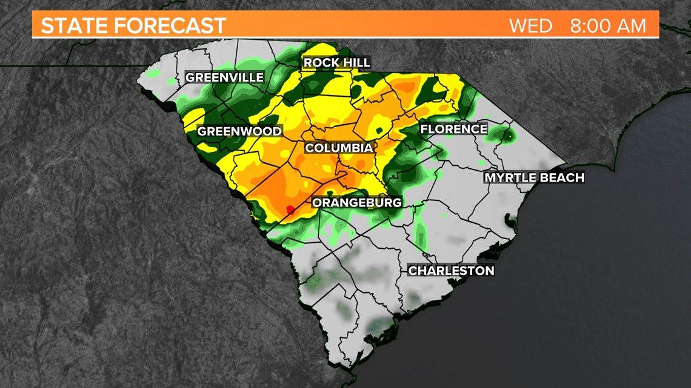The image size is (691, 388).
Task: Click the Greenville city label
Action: point(224,77)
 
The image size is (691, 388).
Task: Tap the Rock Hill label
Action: point(336,63)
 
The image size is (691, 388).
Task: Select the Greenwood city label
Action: point(239,131)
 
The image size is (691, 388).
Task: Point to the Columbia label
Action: point(338,148)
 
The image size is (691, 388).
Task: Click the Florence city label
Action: point(453,129)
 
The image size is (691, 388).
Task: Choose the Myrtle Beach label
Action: point(533,177)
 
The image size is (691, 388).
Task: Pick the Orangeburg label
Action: point(357,202)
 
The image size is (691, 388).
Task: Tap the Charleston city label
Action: point(451,271)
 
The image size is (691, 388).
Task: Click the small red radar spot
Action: point(290,209)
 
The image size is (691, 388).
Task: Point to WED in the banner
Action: point(530,26)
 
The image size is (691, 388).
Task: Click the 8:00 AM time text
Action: point(607,26)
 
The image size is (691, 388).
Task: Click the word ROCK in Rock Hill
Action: point(322,63)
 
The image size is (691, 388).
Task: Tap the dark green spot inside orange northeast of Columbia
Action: point(380,130)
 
